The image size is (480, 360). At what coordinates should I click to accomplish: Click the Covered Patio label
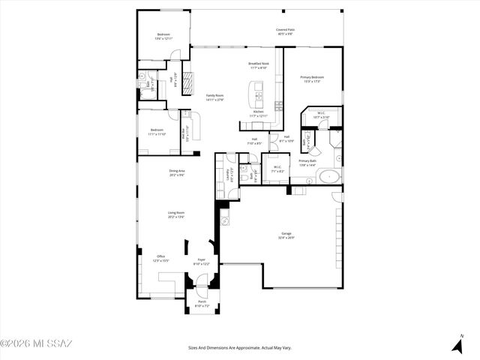[x=286, y=29]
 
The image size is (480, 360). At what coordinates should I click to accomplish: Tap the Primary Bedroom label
[x=312, y=77]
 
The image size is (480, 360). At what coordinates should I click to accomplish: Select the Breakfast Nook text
[x=259, y=64]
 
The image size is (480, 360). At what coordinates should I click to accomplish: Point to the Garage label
[x=286, y=233]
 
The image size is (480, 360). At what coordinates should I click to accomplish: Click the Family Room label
[x=215, y=95]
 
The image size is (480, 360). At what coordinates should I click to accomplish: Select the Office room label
[x=160, y=256]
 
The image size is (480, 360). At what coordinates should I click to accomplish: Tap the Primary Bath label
[x=307, y=161]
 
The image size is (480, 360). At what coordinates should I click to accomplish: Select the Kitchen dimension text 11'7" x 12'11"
[x=258, y=116]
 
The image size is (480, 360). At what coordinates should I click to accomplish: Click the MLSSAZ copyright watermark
[x=36, y=344]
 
